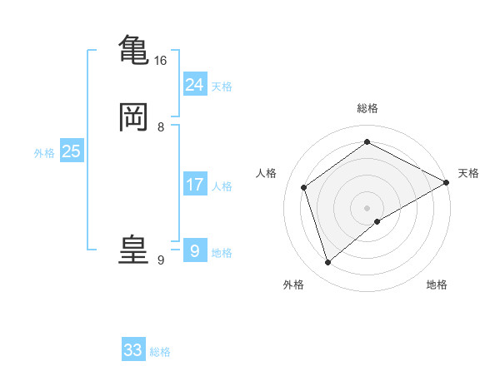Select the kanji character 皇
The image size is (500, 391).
133,249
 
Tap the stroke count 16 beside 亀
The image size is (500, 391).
160,61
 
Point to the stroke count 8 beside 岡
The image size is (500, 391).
161,127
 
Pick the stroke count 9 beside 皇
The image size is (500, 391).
161,260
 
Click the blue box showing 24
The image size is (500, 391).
195,84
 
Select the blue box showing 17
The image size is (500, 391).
195,185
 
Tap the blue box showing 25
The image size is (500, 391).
71,151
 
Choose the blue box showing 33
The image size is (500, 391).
133,350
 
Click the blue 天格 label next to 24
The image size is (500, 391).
222,87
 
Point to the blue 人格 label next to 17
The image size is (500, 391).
222,186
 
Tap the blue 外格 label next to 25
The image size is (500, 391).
44,153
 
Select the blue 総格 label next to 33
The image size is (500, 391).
160,352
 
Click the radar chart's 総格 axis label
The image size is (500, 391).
367,108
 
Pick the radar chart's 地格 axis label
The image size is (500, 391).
437,285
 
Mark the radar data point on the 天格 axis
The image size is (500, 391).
447,183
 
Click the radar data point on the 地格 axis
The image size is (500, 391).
378,221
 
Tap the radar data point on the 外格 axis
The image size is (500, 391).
327,263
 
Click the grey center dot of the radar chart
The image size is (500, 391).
367,207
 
